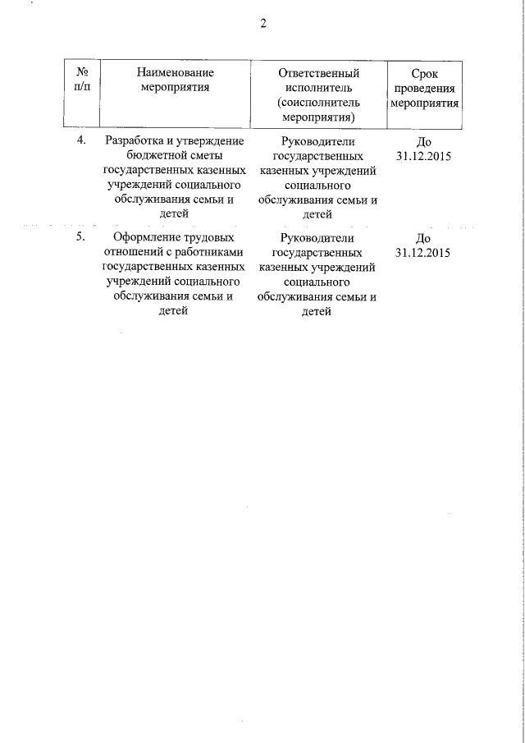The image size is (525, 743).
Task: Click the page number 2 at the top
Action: [x=263, y=24]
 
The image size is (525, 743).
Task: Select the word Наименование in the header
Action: [x=175, y=74]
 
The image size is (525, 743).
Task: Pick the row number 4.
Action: [x=81, y=140]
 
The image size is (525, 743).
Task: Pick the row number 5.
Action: [x=81, y=237]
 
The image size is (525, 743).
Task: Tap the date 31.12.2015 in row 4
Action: [x=423, y=155]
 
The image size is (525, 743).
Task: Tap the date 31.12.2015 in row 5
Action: [x=423, y=252]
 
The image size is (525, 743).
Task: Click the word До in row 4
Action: [x=423, y=140]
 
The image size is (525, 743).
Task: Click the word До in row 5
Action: [x=423, y=237]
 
